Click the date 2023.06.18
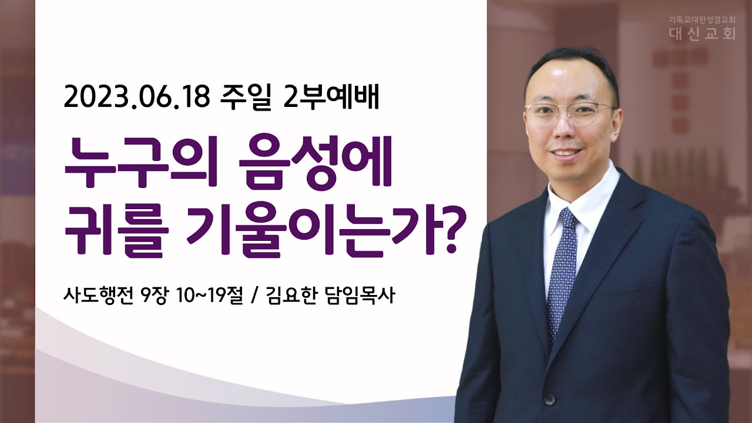click(x=137, y=98)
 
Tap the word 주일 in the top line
click(x=246, y=98)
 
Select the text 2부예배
click(x=331, y=98)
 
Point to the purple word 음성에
click(x=315, y=162)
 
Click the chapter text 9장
click(x=154, y=296)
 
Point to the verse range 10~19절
click(x=209, y=296)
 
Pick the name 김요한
click(x=290, y=296)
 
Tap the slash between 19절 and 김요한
click(x=254, y=296)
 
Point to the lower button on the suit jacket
click(x=549, y=399)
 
